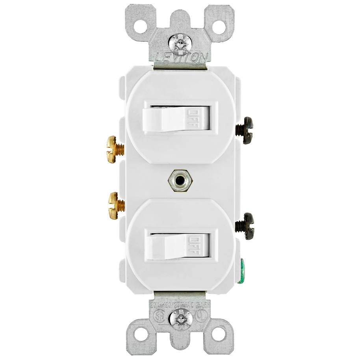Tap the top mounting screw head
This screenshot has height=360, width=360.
pos(180,42)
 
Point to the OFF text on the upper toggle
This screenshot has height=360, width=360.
pos(194,117)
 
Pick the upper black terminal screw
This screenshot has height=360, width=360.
pos(245,130)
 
